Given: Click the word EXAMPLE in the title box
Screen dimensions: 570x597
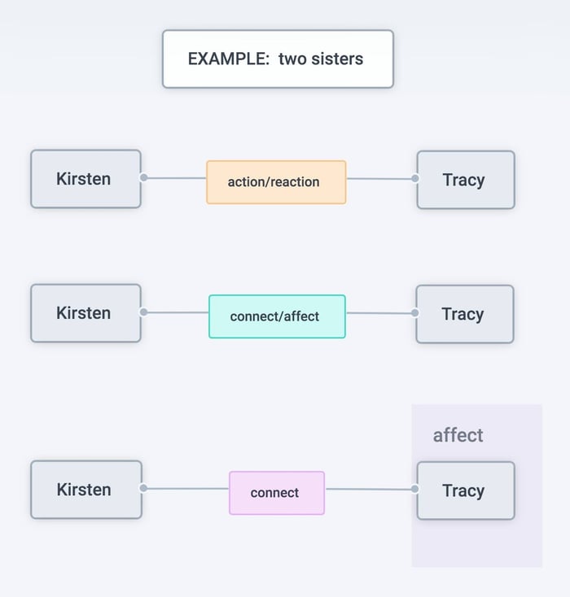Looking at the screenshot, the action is pyautogui.click(x=229, y=59).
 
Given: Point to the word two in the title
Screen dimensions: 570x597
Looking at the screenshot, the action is pyautogui.click(x=292, y=59).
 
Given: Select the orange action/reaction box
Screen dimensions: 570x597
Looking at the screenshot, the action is pyautogui.click(x=276, y=182).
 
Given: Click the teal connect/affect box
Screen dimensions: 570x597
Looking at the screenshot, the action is pyautogui.click(x=277, y=316).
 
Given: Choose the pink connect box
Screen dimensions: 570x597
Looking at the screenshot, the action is pyautogui.click(x=277, y=493).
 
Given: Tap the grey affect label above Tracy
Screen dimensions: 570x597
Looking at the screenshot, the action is pyautogui.click(x=458, y=435).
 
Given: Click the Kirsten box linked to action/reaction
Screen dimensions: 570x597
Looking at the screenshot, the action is pyautogui.click(x=85, y=179).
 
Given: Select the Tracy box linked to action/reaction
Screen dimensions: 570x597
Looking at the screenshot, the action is pyautogui.click(x=466, y=180).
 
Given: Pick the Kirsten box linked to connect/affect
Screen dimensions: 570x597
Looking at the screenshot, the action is pyautogui.click(x=85, y=313).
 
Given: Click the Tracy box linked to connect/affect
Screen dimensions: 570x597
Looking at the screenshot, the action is pyautogui.click(x=465, y=314).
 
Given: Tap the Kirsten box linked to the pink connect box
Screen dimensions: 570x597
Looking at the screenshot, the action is pyautogui.click(x=86, y=490).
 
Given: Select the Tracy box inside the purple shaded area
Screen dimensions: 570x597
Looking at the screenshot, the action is pyautogui.click(x=466, y=490).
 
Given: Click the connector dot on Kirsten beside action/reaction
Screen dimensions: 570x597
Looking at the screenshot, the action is pyautogui.click(x=144, y=177).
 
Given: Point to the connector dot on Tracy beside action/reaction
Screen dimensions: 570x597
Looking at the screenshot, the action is pyautogui.click(x=415, y=178).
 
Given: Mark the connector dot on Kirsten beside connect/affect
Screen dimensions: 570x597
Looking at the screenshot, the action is pyautogui.click(x=144, y=312).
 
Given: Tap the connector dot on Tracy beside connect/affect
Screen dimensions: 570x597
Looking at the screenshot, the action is pyautogui.click(x=414, y=313).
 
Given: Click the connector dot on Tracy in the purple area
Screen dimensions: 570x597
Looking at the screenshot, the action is pyautogui.click(x=414, y=489).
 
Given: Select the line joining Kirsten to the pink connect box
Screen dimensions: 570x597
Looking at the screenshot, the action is pyautogui.click(x=186, y=489).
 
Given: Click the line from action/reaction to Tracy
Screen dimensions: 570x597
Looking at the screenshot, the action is pyautogui.click(x=381, y=179).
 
